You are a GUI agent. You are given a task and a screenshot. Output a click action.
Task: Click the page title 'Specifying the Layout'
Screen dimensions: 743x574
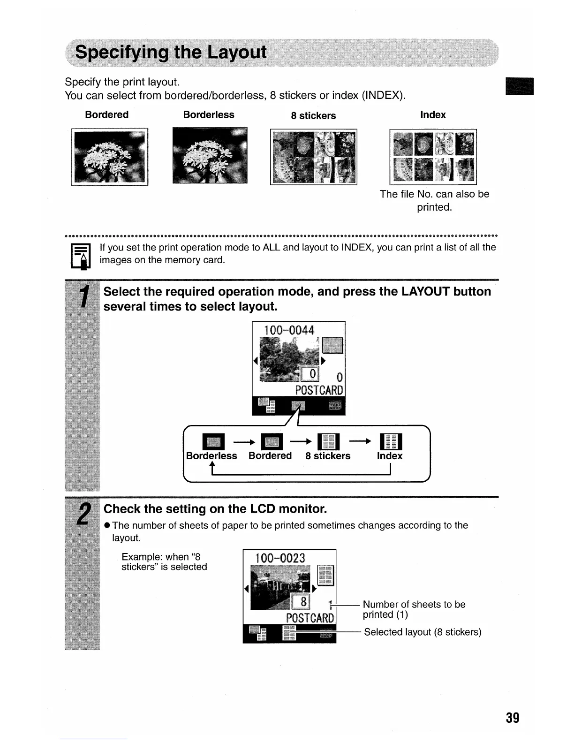coord(171,52)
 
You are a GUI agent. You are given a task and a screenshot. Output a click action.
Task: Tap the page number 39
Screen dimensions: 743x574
coord(513,718)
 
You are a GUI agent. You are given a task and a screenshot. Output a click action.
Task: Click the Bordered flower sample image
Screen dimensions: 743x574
coord(110,157)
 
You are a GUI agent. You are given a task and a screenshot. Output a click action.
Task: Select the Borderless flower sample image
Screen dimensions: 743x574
coord(210,155)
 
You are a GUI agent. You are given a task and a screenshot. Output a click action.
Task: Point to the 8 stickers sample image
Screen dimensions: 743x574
coord(313,157)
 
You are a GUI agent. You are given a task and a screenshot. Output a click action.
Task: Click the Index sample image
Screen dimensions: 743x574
coord(433,157)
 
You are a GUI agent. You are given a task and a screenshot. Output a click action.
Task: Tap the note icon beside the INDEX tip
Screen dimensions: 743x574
coord(80,257)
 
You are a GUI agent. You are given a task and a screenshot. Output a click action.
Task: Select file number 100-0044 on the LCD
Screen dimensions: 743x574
coord(289,330)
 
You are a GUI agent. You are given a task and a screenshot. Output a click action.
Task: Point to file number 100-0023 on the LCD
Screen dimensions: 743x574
coord(280,558)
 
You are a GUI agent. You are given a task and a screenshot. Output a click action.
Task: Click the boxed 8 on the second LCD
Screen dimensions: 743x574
coord(303,601)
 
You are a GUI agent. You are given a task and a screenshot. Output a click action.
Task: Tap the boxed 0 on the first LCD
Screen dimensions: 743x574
coord(310,374)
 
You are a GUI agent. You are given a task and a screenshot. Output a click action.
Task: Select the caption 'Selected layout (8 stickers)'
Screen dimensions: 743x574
coord(423,632)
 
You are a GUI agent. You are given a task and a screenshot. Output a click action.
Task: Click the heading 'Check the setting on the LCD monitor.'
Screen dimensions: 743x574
coord(215,509)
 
